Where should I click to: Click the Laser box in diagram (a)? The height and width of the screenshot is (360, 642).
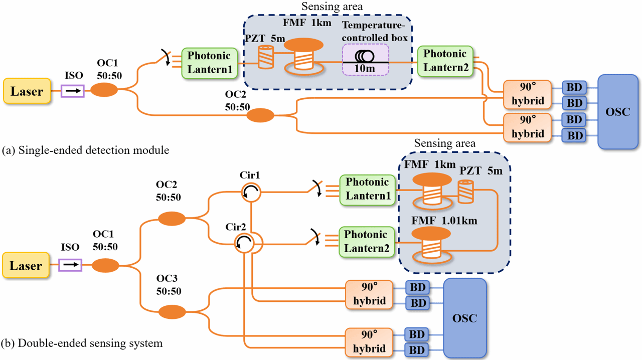coord(27,91)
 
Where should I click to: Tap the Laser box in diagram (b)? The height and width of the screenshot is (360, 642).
coord(27,265)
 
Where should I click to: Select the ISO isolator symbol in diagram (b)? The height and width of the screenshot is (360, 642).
coord(70,265)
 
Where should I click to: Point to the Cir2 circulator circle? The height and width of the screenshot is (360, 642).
coord(245,244)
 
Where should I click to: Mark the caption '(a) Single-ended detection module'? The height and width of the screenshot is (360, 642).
coord(85,149)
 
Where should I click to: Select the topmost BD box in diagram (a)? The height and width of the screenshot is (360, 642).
coord(574,87)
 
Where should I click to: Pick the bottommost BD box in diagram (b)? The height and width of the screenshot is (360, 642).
coord(417,349)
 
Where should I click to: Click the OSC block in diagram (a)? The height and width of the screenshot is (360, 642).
coord(618,111)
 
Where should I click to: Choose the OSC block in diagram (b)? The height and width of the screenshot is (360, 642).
coord(465,318)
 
